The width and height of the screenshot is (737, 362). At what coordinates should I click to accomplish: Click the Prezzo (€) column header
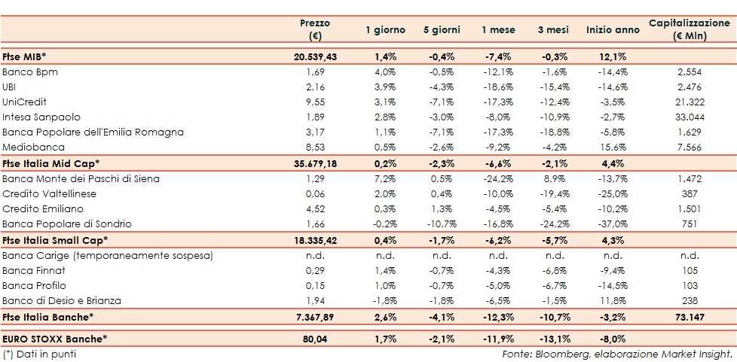coord(314,29)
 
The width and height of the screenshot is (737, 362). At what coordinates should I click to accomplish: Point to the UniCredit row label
coord(20,102)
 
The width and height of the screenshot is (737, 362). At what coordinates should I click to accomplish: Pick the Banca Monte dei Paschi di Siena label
coord(81,178)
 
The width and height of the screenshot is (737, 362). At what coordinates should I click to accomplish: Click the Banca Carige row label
coord(108,255)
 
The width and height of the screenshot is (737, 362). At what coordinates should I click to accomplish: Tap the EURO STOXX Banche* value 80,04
coord(314,339)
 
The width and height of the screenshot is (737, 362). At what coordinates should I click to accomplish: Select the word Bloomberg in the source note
coord(554,354)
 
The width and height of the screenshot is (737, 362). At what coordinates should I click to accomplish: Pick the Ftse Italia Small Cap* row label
coord(55,239)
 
